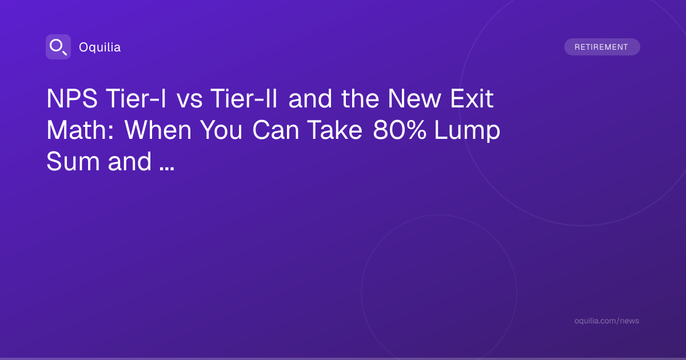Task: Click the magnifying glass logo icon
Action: (x=58, y=47)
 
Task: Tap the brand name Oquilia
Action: (x=100, y=47)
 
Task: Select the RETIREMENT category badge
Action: (x=602, y=47)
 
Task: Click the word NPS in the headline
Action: (x=72, y=98)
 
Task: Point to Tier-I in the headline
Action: (x=136, y=98)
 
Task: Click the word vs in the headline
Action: (x=190, y=100)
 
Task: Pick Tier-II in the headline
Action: (x=244, y=98)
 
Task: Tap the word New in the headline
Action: (x=414, y=98)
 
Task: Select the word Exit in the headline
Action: (x=472, y=98)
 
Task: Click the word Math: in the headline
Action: (x=80, y=130)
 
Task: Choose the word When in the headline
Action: (x=158, y=130)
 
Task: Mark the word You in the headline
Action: (x=221, y=130)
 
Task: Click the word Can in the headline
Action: (x=276, y=130)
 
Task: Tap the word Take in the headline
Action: (x=335, y=130)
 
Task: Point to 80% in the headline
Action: (x=400, y=130)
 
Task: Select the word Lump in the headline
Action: (x=468, y=131)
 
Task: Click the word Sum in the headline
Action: (x=73, y=161)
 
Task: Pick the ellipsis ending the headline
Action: (x=167, y=169)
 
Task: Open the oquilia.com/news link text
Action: (x=607, y=321)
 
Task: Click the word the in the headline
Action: (x=360, y=98)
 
